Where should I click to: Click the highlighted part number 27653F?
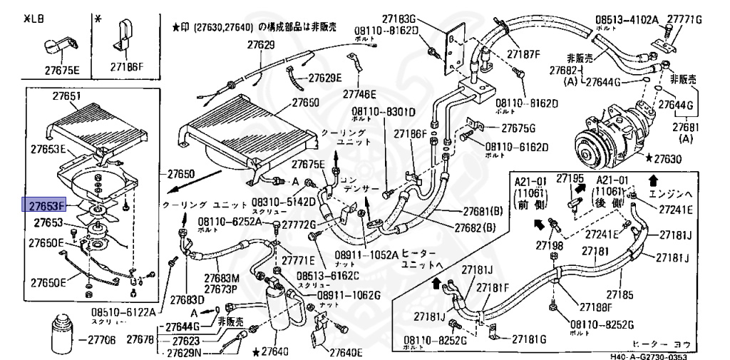click(x=46, y=206)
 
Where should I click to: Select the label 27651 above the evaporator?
click(x=66, y=97)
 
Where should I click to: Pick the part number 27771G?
click(x=685, y=19)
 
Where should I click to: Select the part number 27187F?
click(x=524, y=54)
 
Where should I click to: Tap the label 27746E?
click(x=359, y=93)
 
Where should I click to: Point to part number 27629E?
click(x=324, y=78)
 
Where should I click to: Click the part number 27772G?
click(x=299, y=225)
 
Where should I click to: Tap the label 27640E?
click(x=345, y=352)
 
